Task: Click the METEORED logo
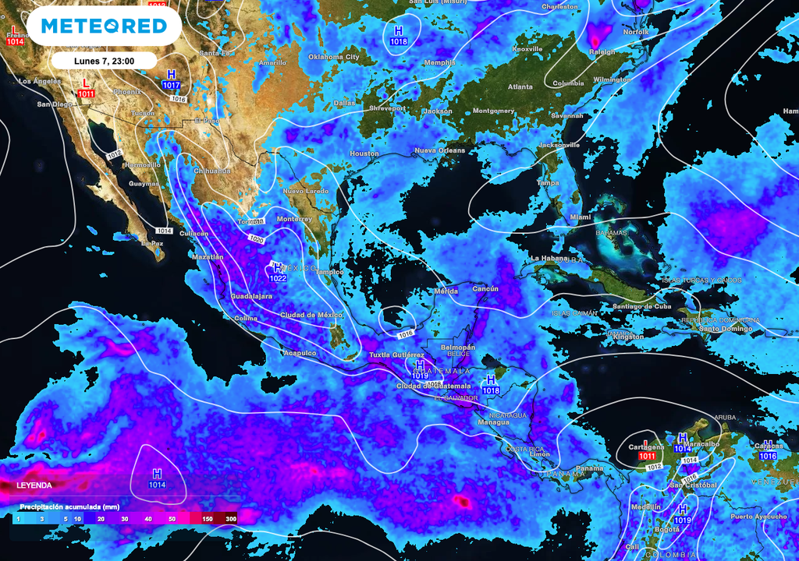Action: click(104, 26)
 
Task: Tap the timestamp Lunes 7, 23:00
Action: click(104, 60)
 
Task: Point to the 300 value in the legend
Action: click(231, 518)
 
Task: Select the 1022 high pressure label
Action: click(278, 278)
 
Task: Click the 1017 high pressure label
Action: click(171, 85)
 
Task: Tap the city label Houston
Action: click(364, 153)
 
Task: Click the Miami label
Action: click(580, 217)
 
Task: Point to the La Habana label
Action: click(546, 258)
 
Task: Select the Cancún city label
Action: click(485, 289)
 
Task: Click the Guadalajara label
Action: click(252, 297)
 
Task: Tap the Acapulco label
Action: click(300, 353)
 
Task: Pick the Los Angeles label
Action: click(39, 81)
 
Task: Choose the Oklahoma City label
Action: click(334, 57)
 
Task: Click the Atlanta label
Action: click(520, 87)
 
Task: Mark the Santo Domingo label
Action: click(724, 328)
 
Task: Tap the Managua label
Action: click(493, 422)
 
